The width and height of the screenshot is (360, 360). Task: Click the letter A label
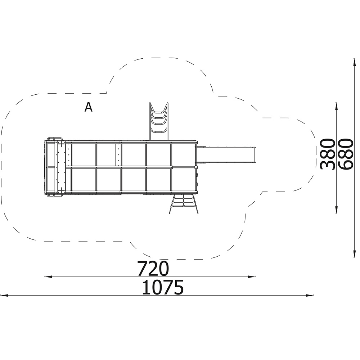(x=89, y=107)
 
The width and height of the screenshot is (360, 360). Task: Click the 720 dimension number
(x=153, y=269)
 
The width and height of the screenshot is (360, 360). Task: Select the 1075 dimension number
(x=163, y=287)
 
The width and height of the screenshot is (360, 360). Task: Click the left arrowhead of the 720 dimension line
(x=48, y=276)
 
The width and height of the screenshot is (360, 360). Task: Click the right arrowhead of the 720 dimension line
(x=252, y=276)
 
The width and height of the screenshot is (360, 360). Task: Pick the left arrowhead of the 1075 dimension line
(x=4, y=296)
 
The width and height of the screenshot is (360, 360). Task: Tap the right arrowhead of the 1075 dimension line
(x=310, y=296)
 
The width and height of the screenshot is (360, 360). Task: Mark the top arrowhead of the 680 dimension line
(x=354, y=62)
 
